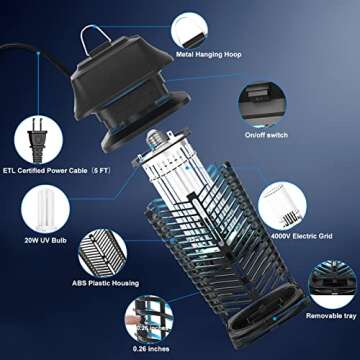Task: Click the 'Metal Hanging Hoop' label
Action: click(x=211, y=55)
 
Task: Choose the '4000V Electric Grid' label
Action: click(x=300, y=236)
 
